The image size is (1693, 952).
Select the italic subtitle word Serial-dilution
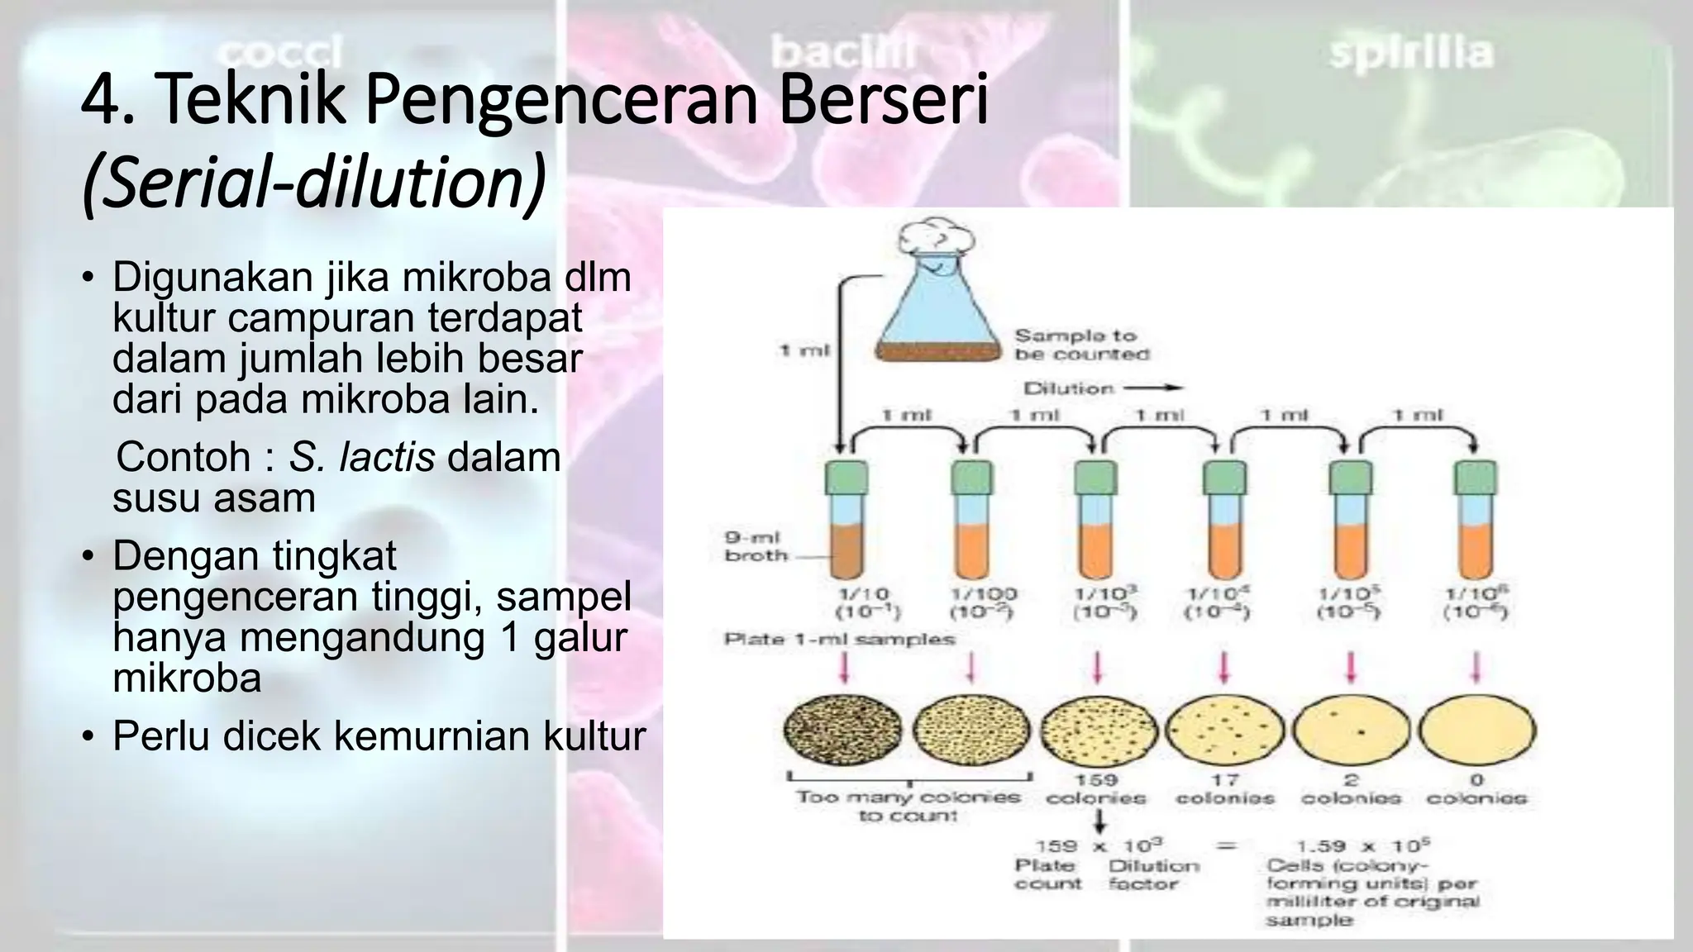(314, 183)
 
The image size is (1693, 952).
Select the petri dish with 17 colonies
(1225, 730)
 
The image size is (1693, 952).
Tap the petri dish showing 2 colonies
(1352, 730)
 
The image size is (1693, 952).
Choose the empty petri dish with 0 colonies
(1477, 730)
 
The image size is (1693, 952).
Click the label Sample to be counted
(1080, 345)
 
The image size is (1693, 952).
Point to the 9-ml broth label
(754, 546)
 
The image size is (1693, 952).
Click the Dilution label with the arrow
(1100, 388)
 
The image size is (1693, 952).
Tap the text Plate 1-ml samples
(839, 639)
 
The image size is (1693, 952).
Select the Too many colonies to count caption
(908, 806)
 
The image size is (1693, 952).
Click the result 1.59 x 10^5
(1363, 845)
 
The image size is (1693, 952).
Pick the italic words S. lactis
(361, 457)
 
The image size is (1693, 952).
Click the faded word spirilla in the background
(1411, 53)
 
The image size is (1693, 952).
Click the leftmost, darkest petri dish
(842, 730)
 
